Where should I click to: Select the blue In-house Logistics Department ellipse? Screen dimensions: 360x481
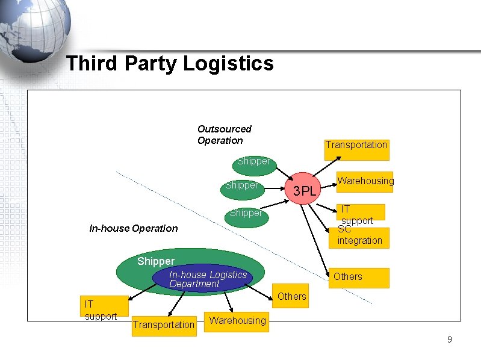coord(199,279)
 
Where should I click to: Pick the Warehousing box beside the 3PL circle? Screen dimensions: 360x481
coord(364,181)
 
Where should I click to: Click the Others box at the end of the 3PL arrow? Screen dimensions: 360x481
coord(359,278)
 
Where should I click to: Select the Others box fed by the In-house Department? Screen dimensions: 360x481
coord(292,296)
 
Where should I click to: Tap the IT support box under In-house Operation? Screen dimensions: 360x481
coord(104,308)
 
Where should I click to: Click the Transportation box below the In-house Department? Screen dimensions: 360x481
coord(164,325)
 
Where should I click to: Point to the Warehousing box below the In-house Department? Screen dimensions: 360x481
coord(237,321)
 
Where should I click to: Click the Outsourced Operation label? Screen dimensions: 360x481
coord(224,135)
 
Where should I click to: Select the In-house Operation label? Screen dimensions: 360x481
coord(133,228)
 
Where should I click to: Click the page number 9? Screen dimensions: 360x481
coord(449,340)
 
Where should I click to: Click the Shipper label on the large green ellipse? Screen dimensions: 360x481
coord(155,261)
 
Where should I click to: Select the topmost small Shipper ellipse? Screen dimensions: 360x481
coord(253,162)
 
